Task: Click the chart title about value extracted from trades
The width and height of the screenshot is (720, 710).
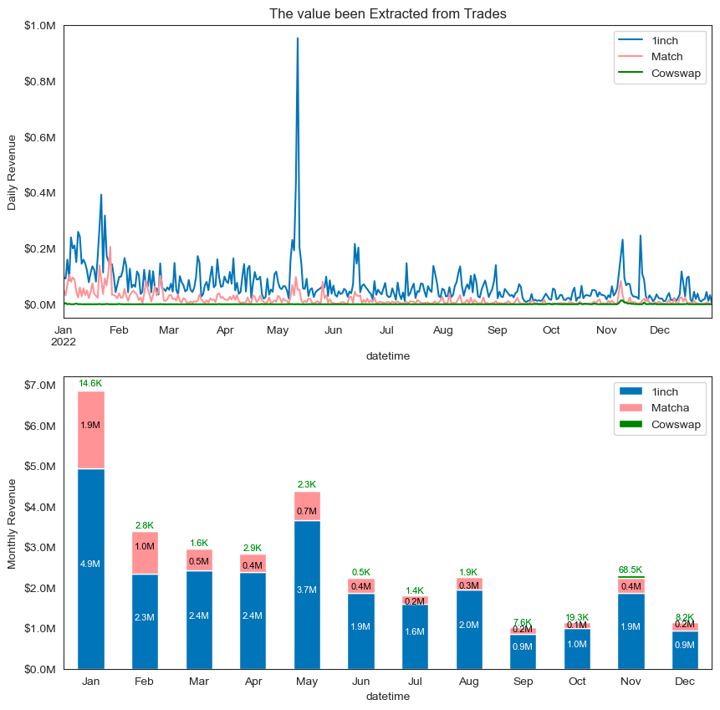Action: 387,13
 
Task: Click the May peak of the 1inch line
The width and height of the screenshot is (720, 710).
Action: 297,38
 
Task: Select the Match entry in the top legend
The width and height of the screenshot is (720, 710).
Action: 666,57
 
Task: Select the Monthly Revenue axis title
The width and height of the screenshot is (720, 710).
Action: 13,524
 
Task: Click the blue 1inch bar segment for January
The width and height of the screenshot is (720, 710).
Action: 91,569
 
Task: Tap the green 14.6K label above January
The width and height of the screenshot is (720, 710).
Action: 90,383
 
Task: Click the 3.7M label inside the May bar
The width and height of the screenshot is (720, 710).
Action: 307,590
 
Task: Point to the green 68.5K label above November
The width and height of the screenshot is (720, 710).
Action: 631,570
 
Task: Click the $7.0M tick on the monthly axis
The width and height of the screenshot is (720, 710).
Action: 39,386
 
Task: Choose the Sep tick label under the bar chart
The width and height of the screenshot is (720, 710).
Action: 523,682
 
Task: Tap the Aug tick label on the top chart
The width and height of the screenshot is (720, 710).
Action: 443,330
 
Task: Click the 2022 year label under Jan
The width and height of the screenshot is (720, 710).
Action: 64,341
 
